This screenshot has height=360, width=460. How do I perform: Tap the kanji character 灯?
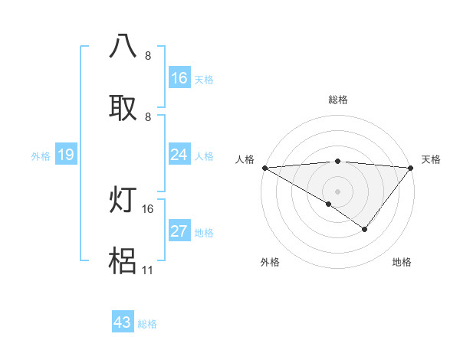tap(123, 200)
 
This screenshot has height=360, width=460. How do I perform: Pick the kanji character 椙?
tap(123, 261)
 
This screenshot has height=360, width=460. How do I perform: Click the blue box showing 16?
tap(179, 78)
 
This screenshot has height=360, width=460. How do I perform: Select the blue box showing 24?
tap(179, 155)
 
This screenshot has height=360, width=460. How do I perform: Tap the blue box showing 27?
tap(179, 231)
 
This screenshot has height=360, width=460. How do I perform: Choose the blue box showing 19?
tap(66, 155)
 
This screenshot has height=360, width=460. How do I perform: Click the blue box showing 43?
tap(123, 322)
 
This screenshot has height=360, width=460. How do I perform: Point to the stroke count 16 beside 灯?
tap(148, 208)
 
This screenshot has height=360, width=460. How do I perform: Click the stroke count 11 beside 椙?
tap(148, 270)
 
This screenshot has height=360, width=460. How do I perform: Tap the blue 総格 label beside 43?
tap(147, 324)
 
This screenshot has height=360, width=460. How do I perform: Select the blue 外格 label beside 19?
tap(41, 155)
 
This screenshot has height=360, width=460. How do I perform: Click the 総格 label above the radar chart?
tap(338, 100)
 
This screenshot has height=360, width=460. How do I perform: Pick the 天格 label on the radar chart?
tap(431, 159)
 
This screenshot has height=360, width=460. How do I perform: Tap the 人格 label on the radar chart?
tap(245, 159)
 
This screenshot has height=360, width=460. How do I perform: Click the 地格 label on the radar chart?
tap(402, 262)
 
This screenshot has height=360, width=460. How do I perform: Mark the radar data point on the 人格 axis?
tap(264, 167)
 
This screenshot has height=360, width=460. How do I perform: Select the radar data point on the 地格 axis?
tap(365, 229)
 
